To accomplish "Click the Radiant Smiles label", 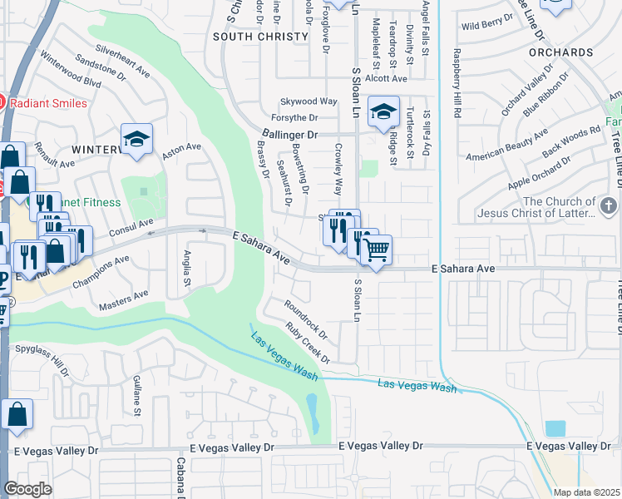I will pos(47,102).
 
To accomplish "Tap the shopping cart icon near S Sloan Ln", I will pos(377,249).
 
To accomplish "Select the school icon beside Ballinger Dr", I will pos(384,112).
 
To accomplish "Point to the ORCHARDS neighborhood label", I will pos(560,52).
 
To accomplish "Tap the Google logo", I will pos(28,488).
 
